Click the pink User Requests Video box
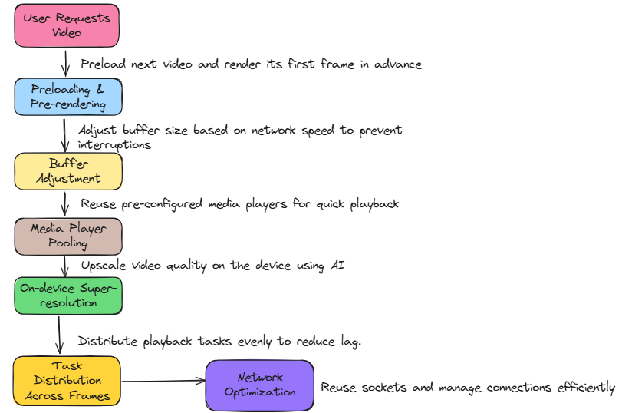pyautogui.click(x=67, y=25)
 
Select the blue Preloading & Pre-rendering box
pyautogui.click(x=68, y=96)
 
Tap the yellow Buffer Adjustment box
pyautogui.click(x=68, y=171)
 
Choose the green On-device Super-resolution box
pyautogui.click(x=68, y=296)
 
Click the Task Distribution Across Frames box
pyautogui.click(x=67, y=380)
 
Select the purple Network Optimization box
pyautogui.click(x=260, y=385)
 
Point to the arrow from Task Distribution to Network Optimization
pyautogui.click(x=163, y=381)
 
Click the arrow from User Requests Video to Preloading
pyautogui.click(x=67, y=62)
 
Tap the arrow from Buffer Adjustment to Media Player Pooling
pyautogui.click(x=67, y=203)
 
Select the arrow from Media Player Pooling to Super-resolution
pyautogui.click(x=66, y=266)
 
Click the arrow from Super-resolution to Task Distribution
pyautogui.click(x=58, y=334)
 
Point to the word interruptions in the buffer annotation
pyautogui.click(x=114, y=144)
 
